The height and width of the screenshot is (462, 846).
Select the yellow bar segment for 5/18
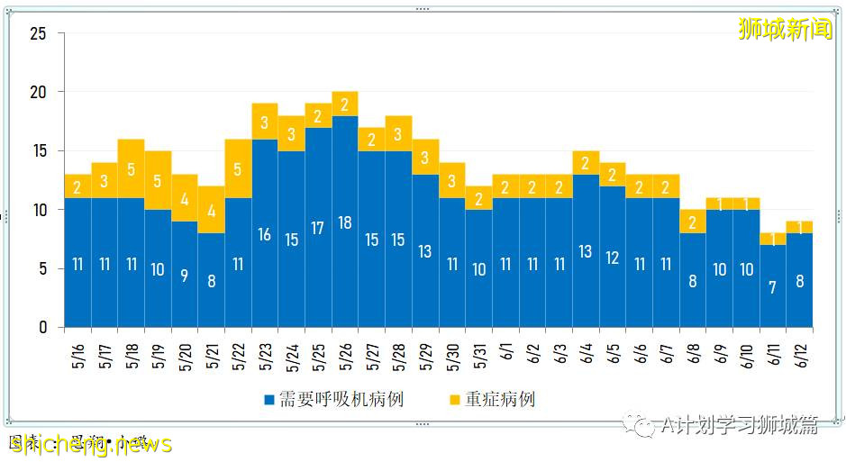point(131,169)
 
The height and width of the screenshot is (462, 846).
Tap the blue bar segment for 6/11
point(772,285)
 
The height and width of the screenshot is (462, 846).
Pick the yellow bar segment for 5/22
point(238,169)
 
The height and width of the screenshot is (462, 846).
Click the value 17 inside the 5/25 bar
point(318,228)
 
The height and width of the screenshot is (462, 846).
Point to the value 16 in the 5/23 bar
point(265,234)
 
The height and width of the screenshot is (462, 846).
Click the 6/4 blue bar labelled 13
point(586,251)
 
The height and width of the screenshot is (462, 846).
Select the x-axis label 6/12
point(800,353)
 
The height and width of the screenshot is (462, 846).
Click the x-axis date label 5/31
point(479,353)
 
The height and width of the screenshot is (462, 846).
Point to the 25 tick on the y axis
point(38,34)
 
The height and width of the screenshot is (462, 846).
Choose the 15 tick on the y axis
point(38,151)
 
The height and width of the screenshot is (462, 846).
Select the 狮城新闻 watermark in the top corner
point(784,29)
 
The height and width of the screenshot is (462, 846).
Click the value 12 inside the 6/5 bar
point(613,257)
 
